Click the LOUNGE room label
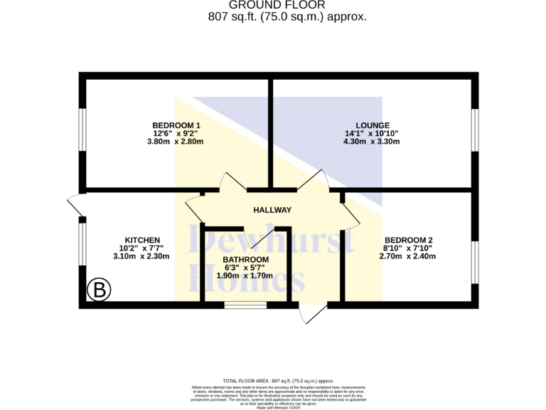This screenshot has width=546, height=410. coord(372,125)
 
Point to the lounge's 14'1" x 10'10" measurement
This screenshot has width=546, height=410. coord(372,133)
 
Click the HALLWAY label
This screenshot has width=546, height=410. coord(272,210)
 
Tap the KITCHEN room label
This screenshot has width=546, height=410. coord(142,240)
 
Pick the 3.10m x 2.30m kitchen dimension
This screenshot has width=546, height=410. coord(141,256)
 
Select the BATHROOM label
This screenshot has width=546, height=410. coord(245,259)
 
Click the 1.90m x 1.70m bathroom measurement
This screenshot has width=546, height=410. coord(245,275)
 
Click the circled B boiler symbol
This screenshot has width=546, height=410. coord(100,290)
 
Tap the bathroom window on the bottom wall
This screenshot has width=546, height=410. coord(245,305)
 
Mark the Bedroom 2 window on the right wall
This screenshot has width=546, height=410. coord(474,263)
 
